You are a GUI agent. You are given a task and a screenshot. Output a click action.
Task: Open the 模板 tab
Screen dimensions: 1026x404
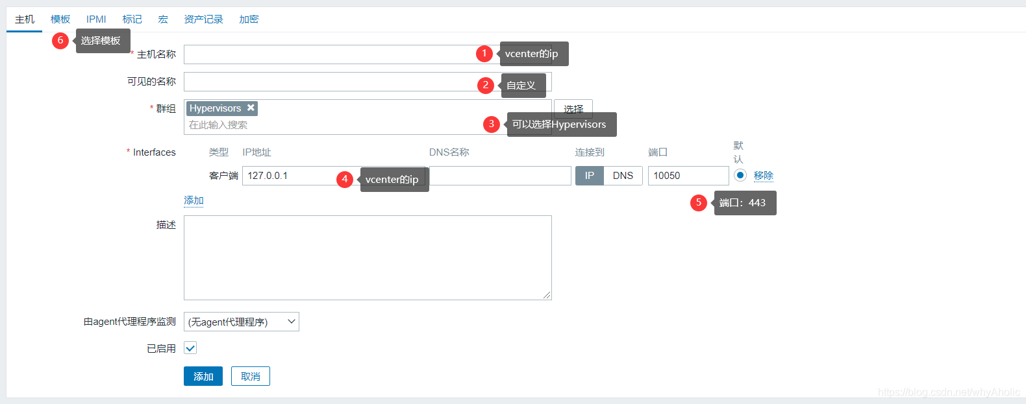pyautogui.click(x=60, y=19)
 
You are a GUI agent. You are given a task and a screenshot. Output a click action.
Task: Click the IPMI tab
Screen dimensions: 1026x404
pyautogui.click(x=96, y=19)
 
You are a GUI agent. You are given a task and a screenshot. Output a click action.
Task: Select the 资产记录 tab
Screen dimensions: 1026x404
pyautogui.click(x=203, y=19)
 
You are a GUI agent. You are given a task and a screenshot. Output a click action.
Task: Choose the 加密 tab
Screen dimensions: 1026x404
pyautogui.click(x=249, y=19)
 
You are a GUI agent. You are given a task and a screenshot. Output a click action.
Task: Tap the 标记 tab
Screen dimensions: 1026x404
pyautogui.click(x=132, y=19)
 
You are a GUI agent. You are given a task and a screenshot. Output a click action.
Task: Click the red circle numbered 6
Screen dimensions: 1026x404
pyautogui.click(x=60, y=41)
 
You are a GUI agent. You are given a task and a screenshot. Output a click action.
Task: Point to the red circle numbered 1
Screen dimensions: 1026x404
pyautogui.click(x=484, y=54)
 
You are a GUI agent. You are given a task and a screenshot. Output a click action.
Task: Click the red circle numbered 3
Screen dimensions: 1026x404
pyautogui.click(x=492, y=124)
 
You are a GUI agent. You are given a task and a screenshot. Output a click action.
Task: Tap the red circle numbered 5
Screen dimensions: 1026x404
pyautogui.click(x=699, y=202)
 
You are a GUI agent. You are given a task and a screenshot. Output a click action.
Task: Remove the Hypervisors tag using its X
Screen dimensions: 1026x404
pyautogui.click(x=251, y=108)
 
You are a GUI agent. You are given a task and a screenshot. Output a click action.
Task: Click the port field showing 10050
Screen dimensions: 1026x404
pyautogui.click(x=688, y=176)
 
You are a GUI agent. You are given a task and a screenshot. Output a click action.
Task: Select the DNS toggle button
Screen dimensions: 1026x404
pyautogui.click(x=623, y=176)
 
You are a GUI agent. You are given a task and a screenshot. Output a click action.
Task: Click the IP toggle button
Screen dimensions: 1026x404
pyautogui.click(x=590, y=176)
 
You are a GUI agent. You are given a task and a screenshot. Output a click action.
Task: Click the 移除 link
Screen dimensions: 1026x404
pyautogui.click(x=763, y=176)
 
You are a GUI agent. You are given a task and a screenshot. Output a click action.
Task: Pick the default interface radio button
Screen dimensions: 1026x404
pyautogui.click(x=740, y=175)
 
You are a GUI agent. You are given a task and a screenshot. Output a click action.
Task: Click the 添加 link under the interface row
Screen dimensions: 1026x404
pyautogui.click(x=194, y=200)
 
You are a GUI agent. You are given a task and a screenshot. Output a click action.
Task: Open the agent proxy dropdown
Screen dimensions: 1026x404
pyautogui.click(x=242, y=322)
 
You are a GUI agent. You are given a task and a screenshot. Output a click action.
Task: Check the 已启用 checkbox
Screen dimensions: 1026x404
pyautogui.click(x=190, y=348)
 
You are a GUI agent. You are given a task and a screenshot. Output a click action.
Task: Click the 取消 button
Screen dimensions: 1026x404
pyautogui.click(x=251, y=376)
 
